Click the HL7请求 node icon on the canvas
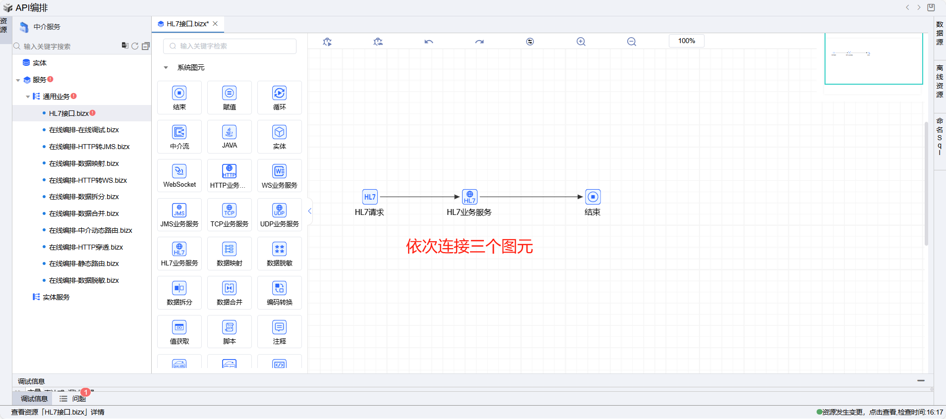click(370, 197)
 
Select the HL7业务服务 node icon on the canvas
click(470, 197)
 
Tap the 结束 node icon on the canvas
click(593, 197)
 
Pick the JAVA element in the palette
click(229, 136)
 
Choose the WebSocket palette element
click(179, 175)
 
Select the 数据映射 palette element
click(229, 254)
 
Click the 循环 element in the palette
click(279, 97)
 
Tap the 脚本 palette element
click(229, 332)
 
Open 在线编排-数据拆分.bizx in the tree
click(84, 197)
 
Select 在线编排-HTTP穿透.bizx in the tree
click(86, 247)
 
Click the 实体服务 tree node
click(56, 297)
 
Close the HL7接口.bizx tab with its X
click(215, 24)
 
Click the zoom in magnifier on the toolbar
click(581, 42)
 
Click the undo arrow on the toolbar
click(429, 42)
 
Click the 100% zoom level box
click(686, 41)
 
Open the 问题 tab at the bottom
click(78, 399)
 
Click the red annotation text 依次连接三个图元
click(469, 246)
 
